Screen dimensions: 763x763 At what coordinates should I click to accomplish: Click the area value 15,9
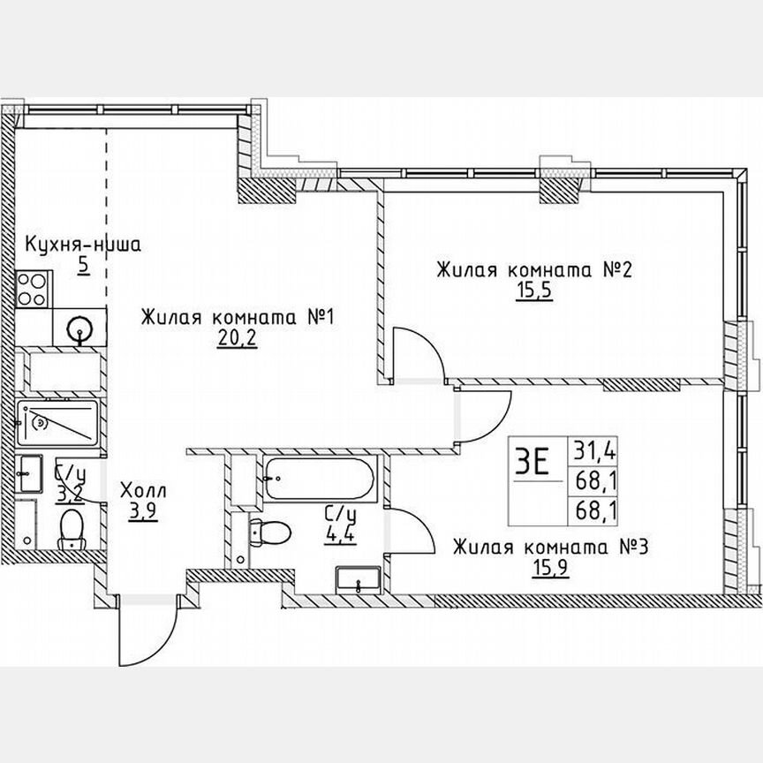point(550,569)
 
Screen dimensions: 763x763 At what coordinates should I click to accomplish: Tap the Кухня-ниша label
point(83,245)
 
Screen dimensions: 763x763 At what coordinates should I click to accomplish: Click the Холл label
point(141,491)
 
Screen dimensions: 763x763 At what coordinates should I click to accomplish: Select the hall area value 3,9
point(140,511)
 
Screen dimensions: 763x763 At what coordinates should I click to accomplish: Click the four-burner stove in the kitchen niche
point(34,289)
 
